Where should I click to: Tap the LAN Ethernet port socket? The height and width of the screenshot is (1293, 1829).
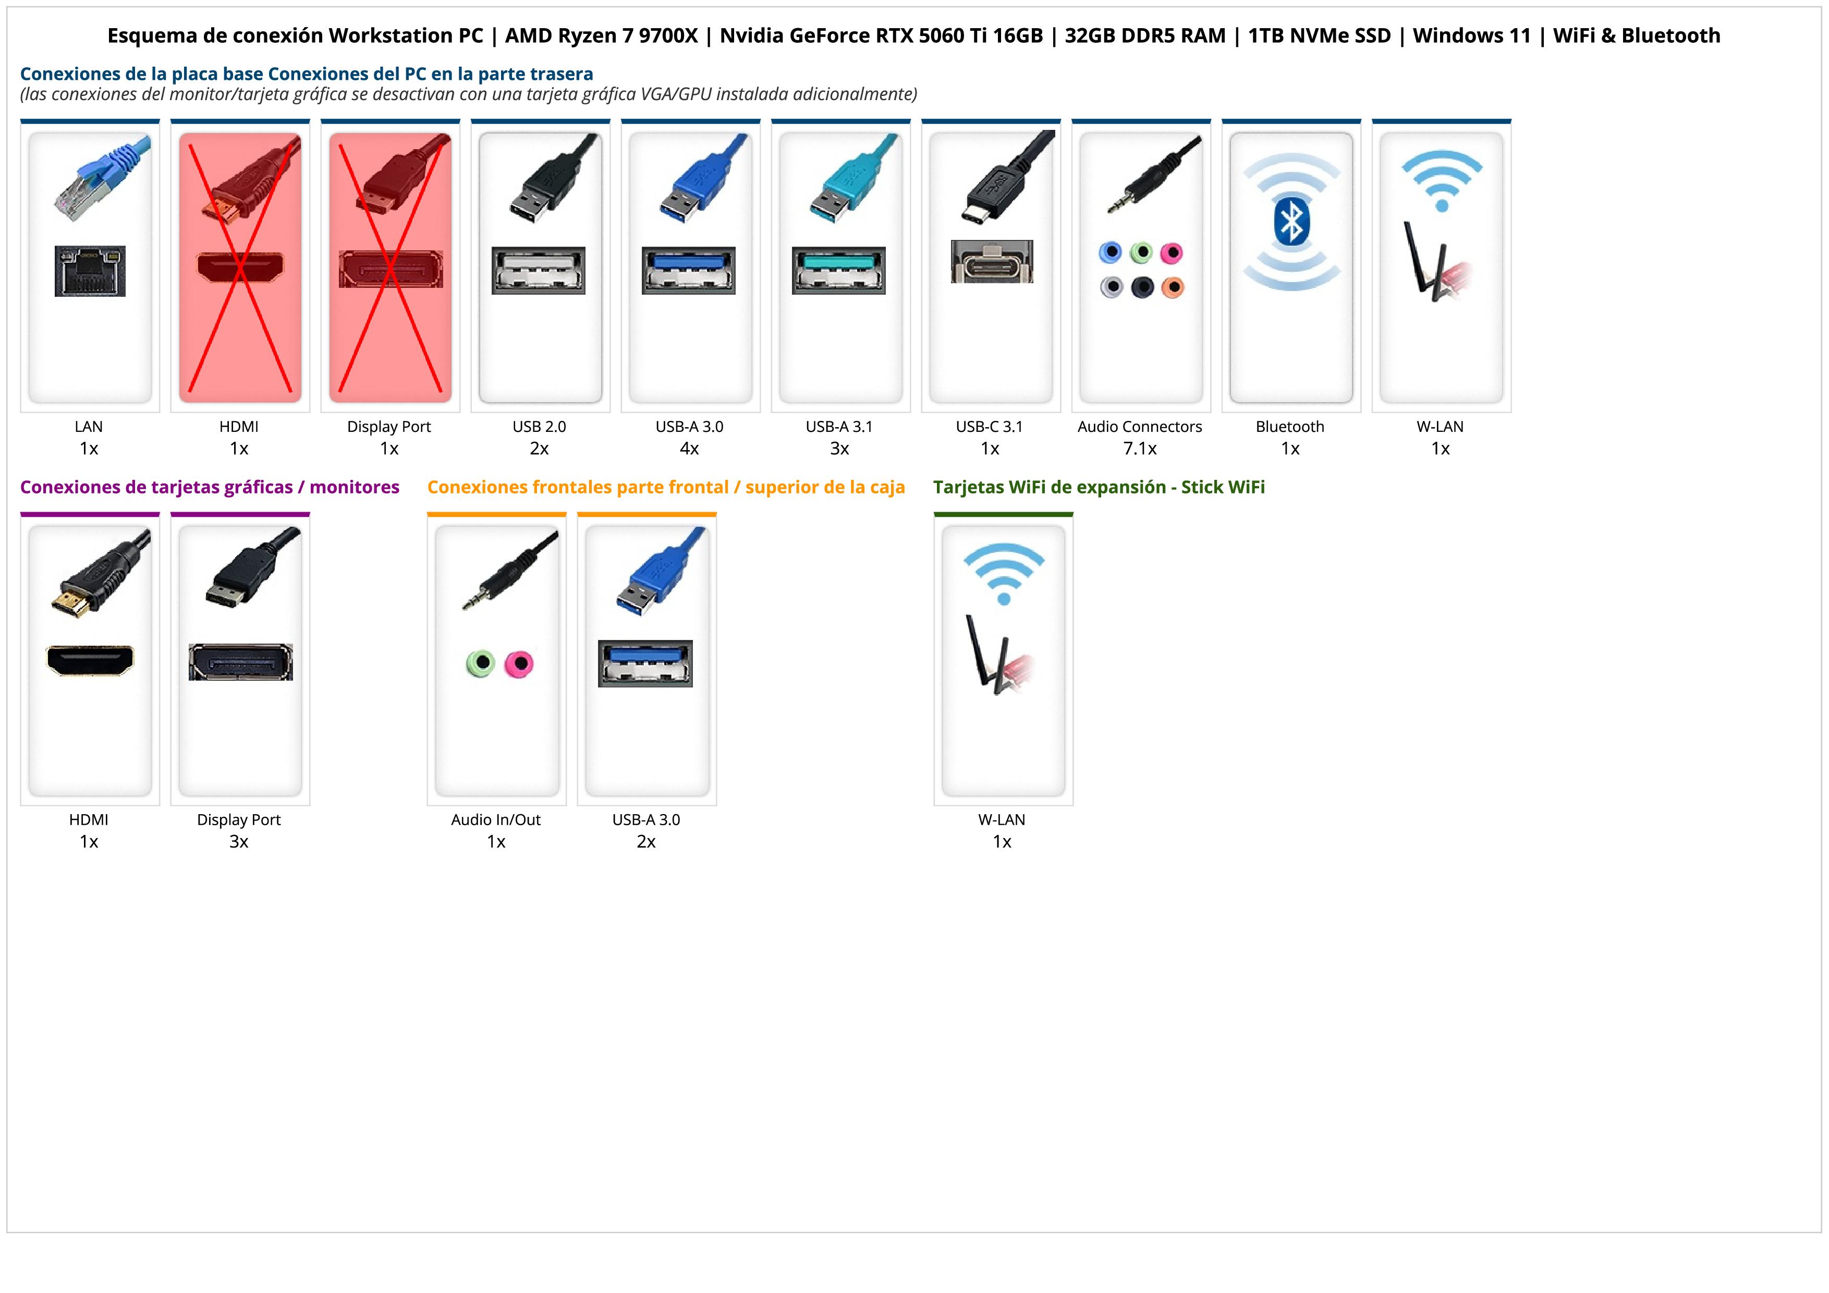(90, 271)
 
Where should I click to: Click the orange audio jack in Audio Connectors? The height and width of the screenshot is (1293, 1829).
(1172, 287)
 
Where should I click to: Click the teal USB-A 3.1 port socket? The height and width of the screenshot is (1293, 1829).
(838, 270)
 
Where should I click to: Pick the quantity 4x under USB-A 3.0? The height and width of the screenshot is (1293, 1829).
(689, 449)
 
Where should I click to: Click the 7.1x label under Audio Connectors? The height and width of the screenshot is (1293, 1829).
(1139, 449)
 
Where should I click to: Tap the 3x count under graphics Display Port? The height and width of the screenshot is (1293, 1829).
(239, 841)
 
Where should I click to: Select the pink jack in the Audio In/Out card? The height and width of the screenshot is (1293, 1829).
(519, 663)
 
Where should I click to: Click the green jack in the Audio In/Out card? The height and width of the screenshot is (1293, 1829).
(480, 663)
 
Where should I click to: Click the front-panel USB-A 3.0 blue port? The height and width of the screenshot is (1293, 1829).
(645, 663)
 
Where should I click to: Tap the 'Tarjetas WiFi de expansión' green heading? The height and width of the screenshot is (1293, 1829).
(1099, 487)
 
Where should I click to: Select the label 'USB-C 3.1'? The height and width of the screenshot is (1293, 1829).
(990, 426)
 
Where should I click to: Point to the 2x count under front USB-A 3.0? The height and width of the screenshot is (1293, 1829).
(646, 841)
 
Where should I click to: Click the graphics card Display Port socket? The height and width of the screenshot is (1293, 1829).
(240, 662)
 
